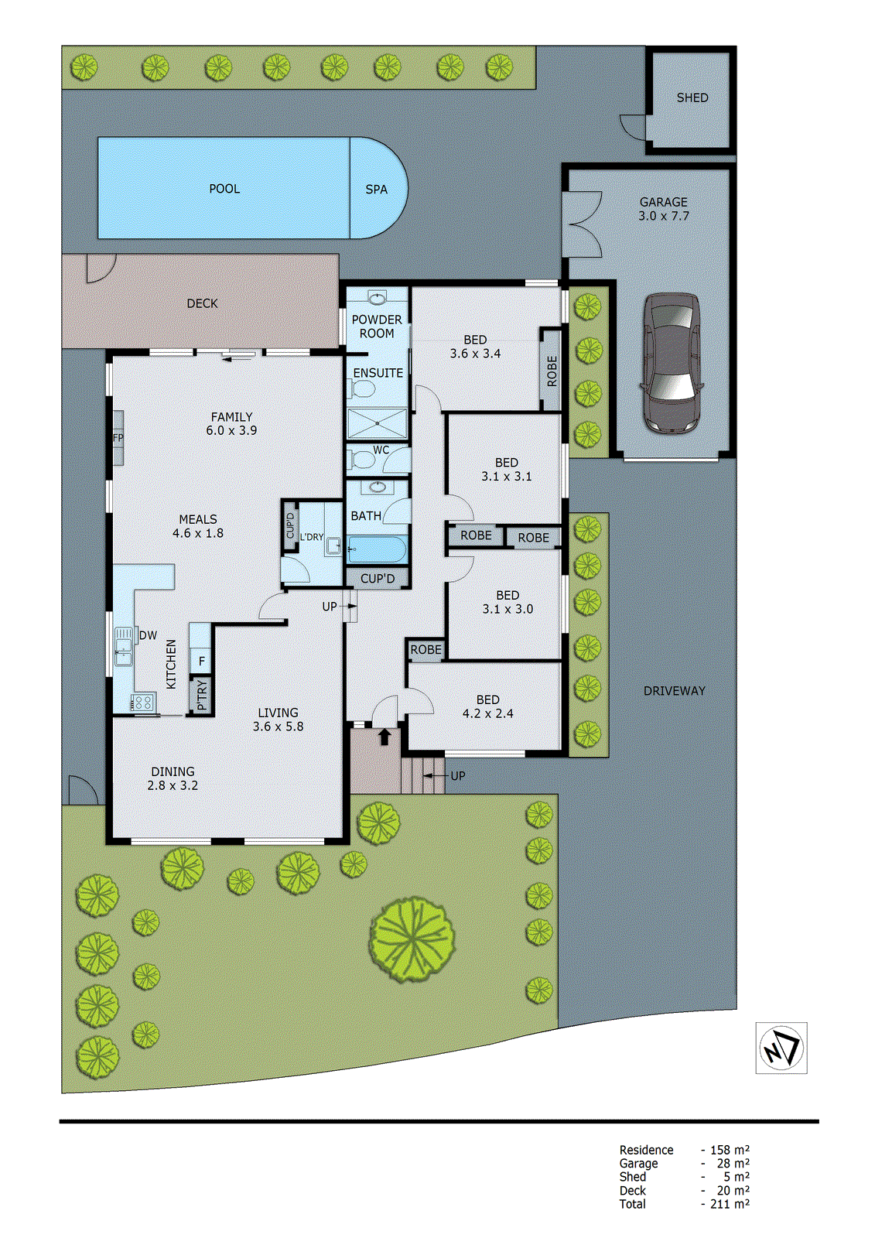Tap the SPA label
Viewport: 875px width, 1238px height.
pyautogui.click(x=376, y=190)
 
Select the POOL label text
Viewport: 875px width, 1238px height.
pyautogui.click(x=224, y=189)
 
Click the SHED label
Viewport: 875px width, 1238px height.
pyautogui.click(x=692, y=98)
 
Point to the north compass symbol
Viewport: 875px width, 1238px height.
pyautogui.click(x=781, y=1048)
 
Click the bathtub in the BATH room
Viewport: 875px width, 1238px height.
pyautogui.click(x=377, y=550)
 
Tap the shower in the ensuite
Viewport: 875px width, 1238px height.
pyautogui.click(x=377, y=424)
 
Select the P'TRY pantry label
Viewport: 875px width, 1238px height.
pyautogui.click(x=202, y=695)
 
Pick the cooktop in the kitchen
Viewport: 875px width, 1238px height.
pyautogui.click(x=143, y=703)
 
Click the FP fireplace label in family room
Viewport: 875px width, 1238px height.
pyautogui.click(x=118, y=438)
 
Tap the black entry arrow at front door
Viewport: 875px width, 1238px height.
pyautogui.click(x=385, y=737)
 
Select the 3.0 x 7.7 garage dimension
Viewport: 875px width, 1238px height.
pyautogui.click(x=663, y=217)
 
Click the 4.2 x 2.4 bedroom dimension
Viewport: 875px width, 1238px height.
pyautogui.click(x=487, y=714)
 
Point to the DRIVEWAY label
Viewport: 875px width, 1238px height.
pyautogui.click(x=674, y=691)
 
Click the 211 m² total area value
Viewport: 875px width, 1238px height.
pyautogui.click(x=730, y=1204)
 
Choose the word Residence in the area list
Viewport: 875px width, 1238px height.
pyautogui.click(x=646, y=1151)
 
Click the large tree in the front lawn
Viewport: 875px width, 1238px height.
pyautogui.click(x=412, y=939)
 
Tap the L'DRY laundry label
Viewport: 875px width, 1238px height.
pyautogui.click(x=312, y=537)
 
